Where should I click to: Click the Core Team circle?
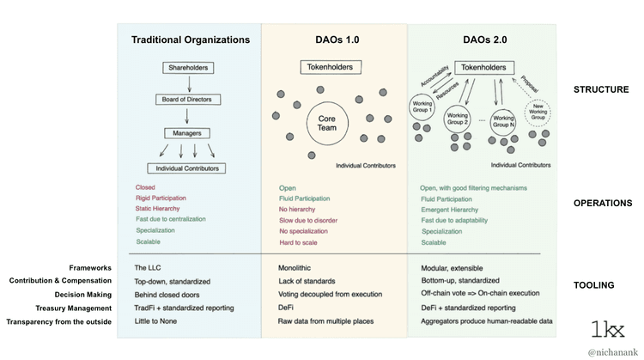(327, 124)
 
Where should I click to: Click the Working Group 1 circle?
(423, 110)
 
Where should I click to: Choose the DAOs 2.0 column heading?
(481, 40)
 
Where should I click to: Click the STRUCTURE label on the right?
(602, 88)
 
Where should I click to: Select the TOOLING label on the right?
(595, 285)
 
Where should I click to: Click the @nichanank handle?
(611, 352)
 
